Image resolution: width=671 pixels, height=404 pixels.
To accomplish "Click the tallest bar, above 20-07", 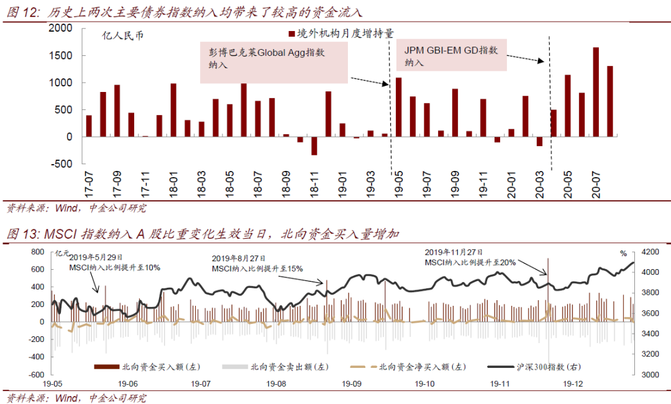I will [596, 92].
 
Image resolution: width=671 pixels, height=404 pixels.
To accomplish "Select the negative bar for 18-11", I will [314, 146].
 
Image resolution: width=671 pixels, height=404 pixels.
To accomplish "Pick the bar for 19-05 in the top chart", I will [399, 107].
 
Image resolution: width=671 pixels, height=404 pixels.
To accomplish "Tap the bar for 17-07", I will [89, 126].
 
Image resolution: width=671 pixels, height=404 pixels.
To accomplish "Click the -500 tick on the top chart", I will [60, 163].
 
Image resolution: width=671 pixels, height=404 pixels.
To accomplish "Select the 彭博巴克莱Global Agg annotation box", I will [274, 62].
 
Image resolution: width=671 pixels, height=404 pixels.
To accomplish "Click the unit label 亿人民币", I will [122, 35].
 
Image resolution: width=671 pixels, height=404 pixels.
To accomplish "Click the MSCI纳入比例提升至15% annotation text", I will [257, 269].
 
